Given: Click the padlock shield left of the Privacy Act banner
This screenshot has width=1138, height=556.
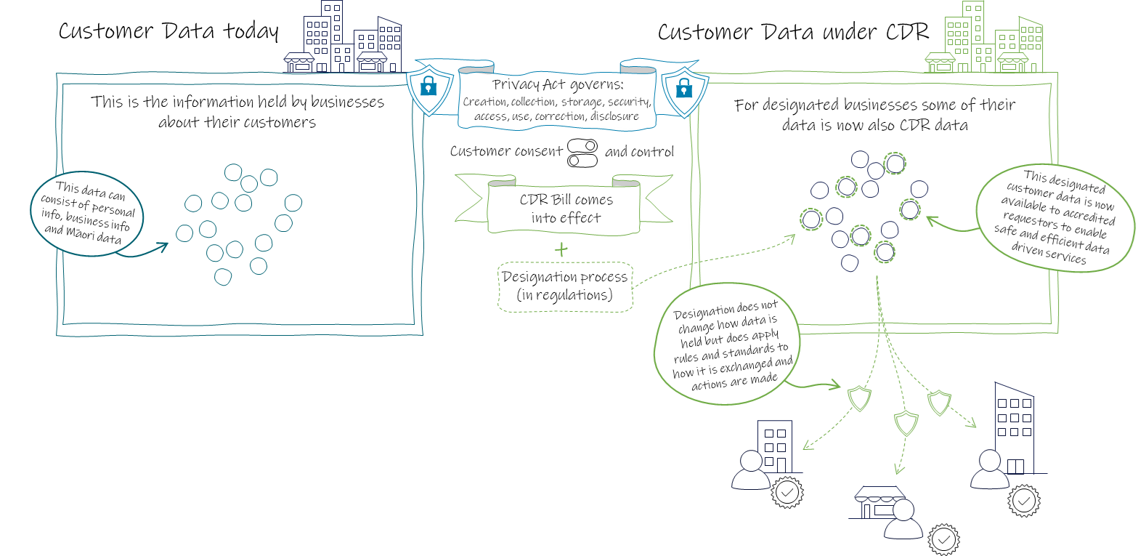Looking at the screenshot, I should click(x=428, y=87).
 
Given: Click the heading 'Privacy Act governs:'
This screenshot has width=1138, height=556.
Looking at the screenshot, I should click(x=557, y=85).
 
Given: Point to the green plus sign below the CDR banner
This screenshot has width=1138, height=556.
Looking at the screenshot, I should click(x=561, y=249).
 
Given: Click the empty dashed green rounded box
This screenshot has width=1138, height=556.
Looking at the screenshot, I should click(x=565, y=288).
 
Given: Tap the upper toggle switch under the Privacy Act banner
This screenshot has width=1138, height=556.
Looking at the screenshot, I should click(x=582, y=145).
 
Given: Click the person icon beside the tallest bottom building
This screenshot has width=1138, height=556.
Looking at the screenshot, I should click(x=990, y=470).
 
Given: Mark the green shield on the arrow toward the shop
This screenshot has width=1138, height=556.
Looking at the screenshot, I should click(x=906, y=422).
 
